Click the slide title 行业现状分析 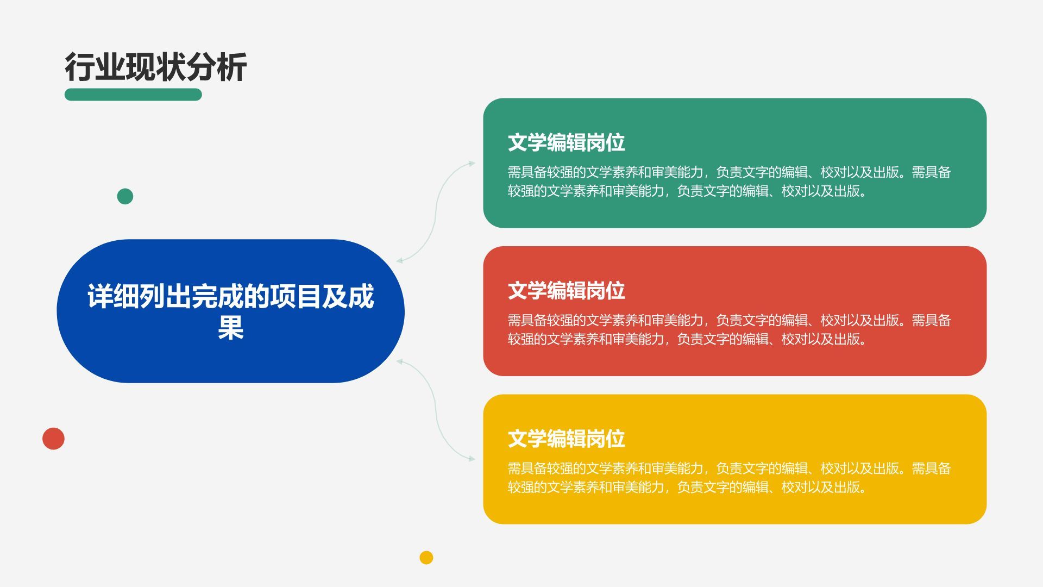click(x=155, y=67)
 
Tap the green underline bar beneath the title click(x=133, y=95)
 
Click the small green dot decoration click(x=125, y=196)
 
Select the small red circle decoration click(x=53, y=439)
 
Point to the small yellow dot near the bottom click(x=426, y=558)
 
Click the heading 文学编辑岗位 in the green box click(x=566, y=143)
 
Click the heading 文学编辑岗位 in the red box click(x=566, y=291)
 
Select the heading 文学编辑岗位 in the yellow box click(x=566, y=439)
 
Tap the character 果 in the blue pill click(x=230, y=328)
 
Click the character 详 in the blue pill click(x=100, y=297)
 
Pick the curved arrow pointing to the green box click(x=436, y=212)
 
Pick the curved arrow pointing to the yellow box click(x=436, y=410)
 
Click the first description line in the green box click(x=728, y=172)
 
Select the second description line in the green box click(x=687, y=191)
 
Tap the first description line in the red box click(x=728, y=320)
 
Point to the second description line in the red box click(x=687, y=339)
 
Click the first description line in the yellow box click(x=728, y=468)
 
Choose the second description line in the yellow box click(x=687, y=487)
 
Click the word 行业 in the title click(x=95, y=67)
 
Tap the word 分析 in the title click(x=217, y=67)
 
